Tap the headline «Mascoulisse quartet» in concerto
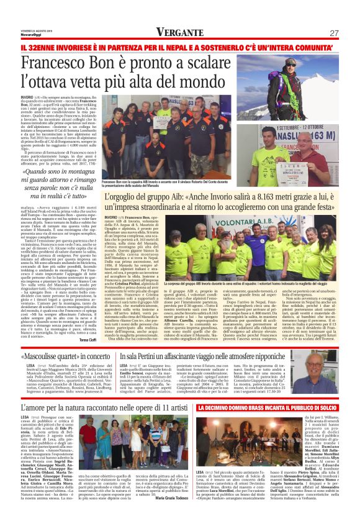tap(64, 356)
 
